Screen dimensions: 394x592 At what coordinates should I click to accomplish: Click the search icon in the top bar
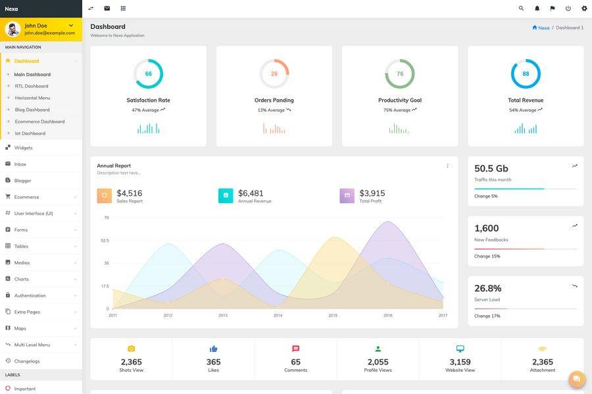point(521,9)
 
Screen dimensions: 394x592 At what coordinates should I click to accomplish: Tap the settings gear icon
point(584,9)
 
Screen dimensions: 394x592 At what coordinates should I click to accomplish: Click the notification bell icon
point(537,9)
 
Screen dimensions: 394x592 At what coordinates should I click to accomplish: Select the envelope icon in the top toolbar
point(107,9)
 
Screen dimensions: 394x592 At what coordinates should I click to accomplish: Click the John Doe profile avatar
point(13,30)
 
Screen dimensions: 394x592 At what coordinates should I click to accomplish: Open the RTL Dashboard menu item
point(32,86)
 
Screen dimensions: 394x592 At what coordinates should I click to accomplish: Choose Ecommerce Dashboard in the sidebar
point(39,121)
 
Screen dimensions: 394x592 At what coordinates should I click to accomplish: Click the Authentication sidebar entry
point(30,295)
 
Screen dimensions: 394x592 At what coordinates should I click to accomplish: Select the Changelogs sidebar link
point(27,361)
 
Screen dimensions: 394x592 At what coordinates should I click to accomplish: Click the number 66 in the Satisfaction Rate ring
point(149,74)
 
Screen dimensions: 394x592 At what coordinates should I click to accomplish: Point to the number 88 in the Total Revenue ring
point(526,74)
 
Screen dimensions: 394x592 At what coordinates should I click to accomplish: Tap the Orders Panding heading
point(274,100)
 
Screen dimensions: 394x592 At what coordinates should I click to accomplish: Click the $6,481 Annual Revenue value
point(251,193)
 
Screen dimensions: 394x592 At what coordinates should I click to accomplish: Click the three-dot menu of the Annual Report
point(447,166)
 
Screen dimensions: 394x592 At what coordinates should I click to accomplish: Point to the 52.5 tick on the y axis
point(105,240)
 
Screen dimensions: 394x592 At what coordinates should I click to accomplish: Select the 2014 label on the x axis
point(278,316)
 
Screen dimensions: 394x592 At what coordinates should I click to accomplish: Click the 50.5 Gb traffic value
point(491,169)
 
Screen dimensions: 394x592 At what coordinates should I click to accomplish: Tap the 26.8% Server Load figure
point(488,288)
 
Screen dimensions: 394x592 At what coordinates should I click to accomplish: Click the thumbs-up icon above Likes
point(213,349)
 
